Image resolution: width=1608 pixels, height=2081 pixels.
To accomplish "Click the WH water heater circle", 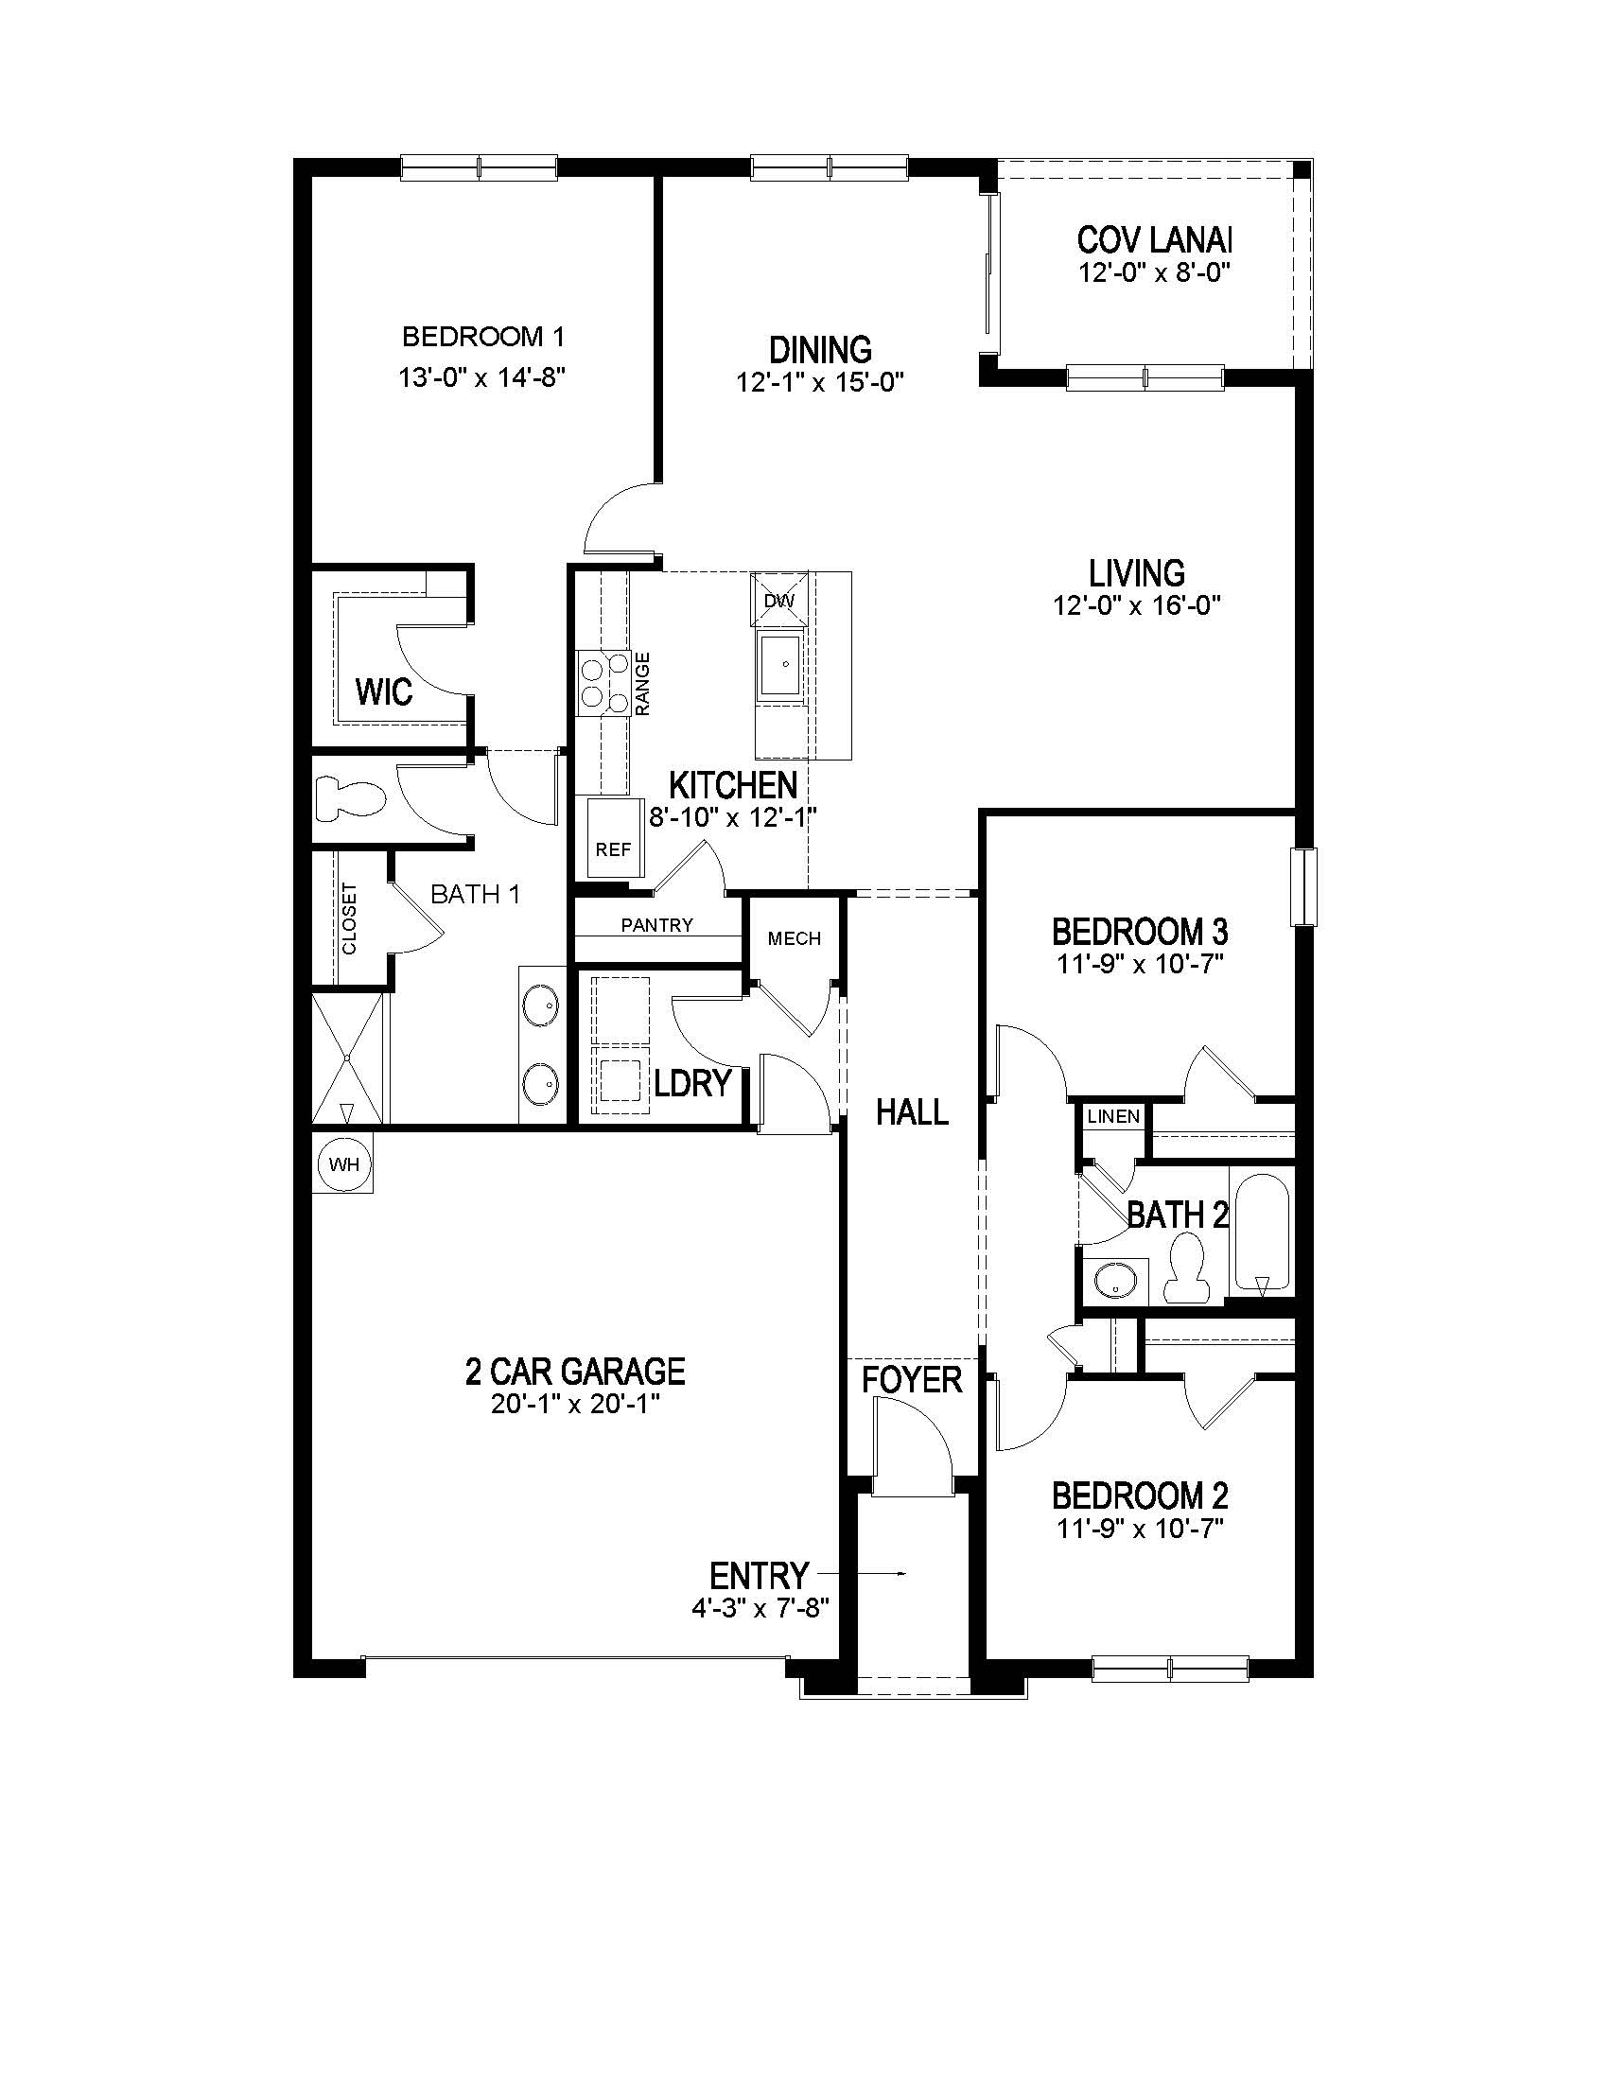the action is [x=344, y=1163].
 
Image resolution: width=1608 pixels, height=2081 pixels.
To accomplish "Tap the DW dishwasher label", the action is [x=778, y=601].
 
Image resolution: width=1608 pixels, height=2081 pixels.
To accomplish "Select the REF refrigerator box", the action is [x=614, y=838].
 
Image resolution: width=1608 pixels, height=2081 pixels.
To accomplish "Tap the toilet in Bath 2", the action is [x=1187, y=1268].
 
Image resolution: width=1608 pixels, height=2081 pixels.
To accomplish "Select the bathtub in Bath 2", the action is [x=1261, y=1229].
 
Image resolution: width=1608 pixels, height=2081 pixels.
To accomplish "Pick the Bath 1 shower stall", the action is [x=349, y=1058].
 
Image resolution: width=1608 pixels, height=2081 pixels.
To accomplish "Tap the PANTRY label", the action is [x=657, y=924].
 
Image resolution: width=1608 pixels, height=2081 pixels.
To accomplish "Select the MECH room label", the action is [x=795, y=938].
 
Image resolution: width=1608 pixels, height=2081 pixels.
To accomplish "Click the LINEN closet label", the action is [x=1113, y=1116].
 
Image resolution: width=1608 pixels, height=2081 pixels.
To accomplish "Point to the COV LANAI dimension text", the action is [x=1155, y=273].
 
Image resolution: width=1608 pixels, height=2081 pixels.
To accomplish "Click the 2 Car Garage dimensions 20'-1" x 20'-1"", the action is [x=576, y=1404].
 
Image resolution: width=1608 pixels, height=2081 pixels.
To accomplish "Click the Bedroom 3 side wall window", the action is [x=1302, y=886].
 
